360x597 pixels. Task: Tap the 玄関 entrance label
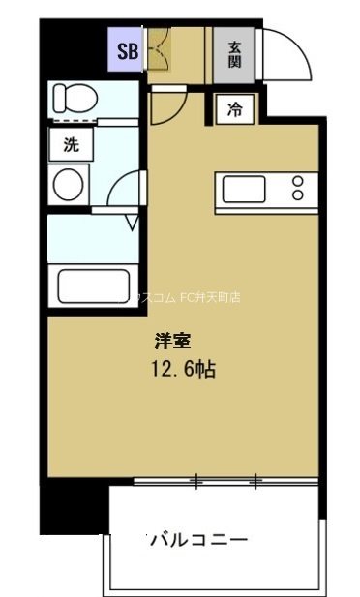point(235,53)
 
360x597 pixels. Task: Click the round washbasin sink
point(70,183)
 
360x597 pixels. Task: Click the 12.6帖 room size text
point(182,371)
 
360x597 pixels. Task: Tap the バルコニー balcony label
point(198,540)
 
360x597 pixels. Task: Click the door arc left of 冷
point(164,108)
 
